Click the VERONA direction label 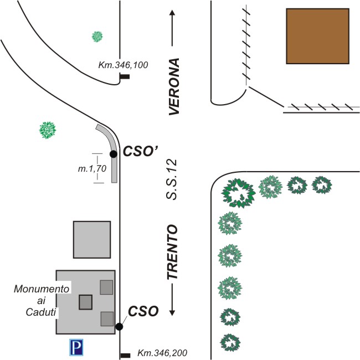[x=174, y=86]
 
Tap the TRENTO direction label [x=172, y=252]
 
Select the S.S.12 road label [x=171, y=179]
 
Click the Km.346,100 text [x=123, y=65]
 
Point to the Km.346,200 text [x=162, y=353]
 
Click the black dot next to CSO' [x=114, y=154]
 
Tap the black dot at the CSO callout [x=119, y=326]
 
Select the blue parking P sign [x=76, y=347]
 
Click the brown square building [x=317, y=36]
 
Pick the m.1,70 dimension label [x=92, y=169]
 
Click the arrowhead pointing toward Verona [x=172, y=13]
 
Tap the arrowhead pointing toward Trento [x=172, y=313]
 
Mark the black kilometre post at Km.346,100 [x=125, y=76]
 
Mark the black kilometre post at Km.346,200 [x=125, y=356]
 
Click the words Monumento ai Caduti [x=42, y=300]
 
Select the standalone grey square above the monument [x=92, y=239]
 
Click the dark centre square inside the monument [x=86, y=302]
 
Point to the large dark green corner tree [x=238, y=193]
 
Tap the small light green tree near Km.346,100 [x=97, y=37]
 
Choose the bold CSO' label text [x=141, y=151]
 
